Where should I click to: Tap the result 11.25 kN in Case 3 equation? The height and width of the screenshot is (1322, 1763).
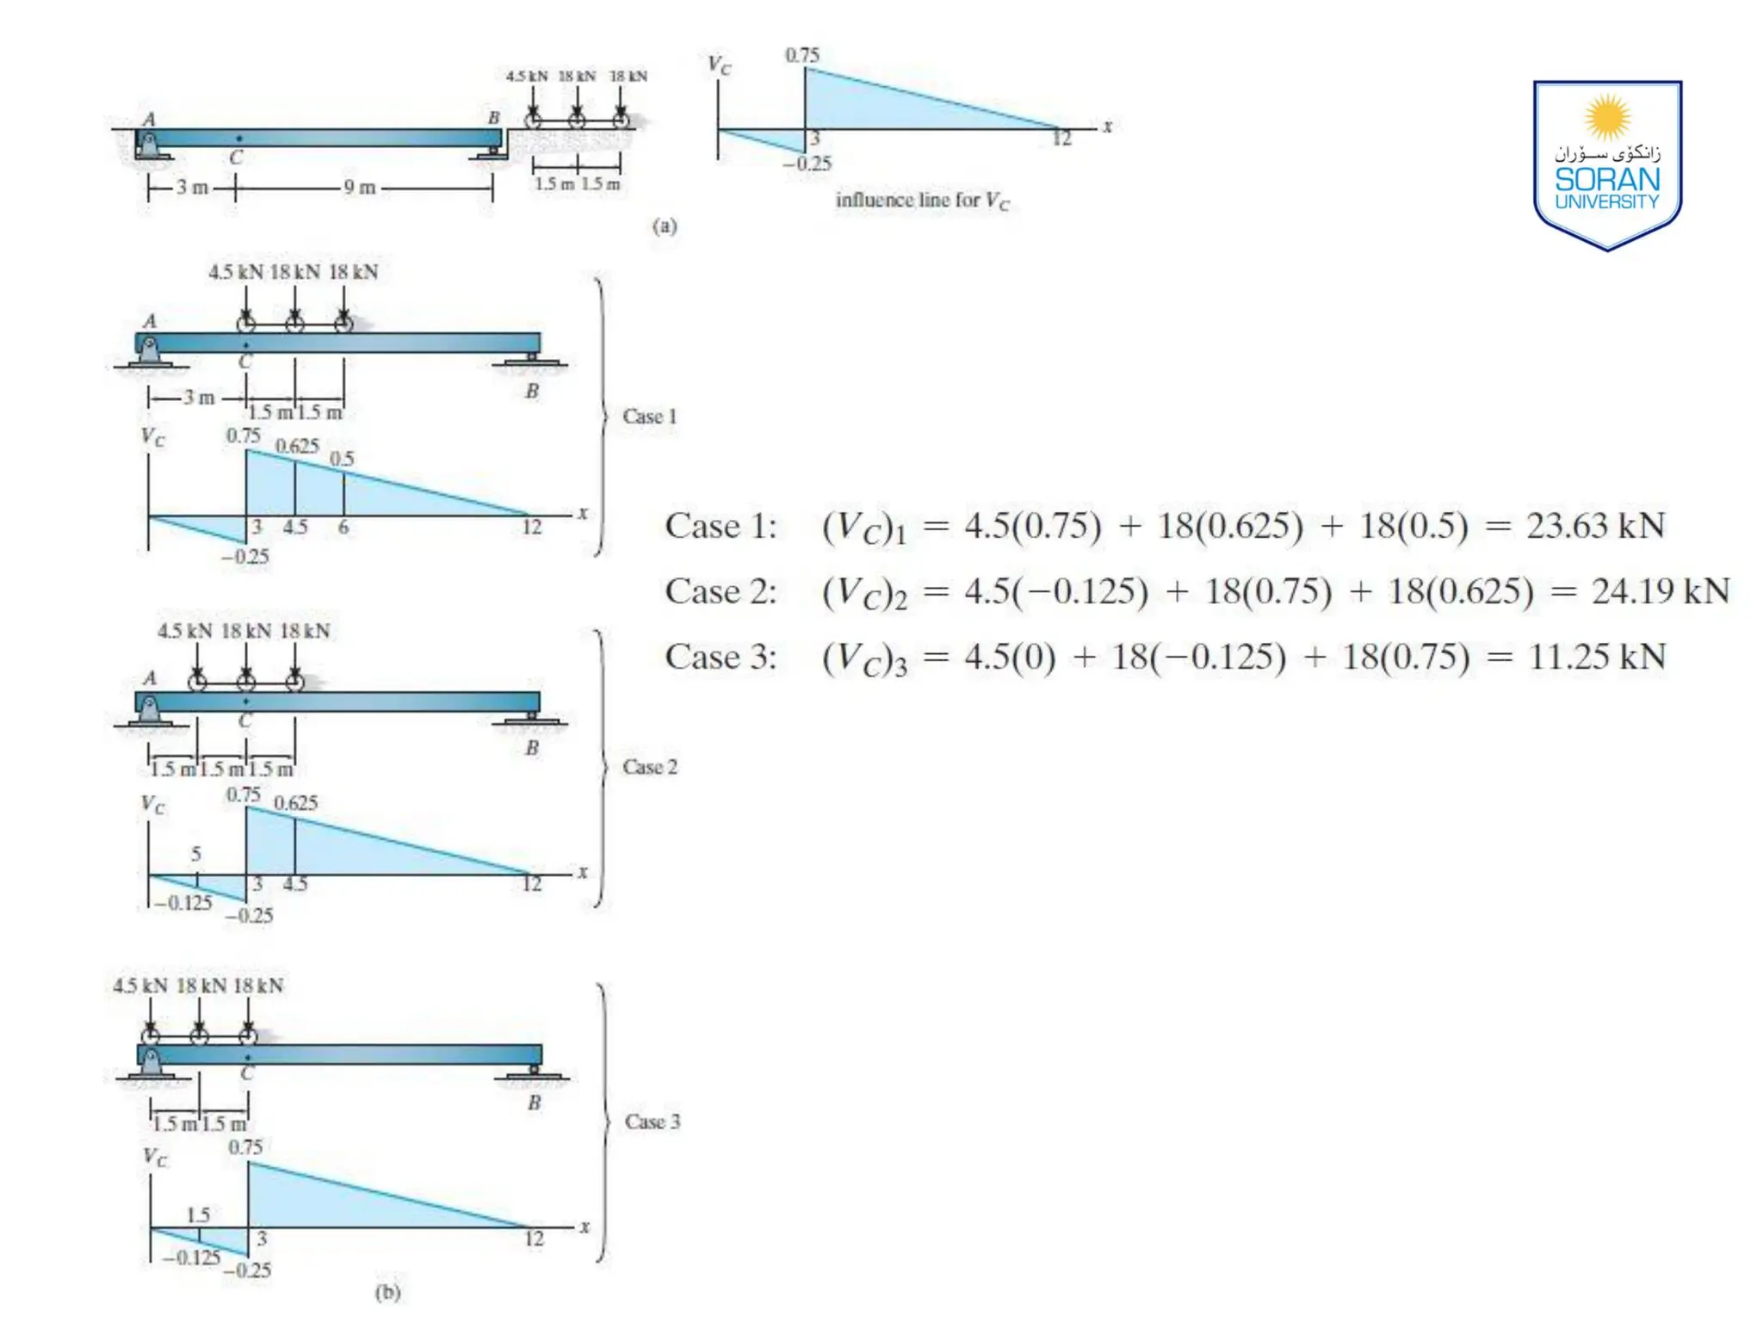click(1597, 658)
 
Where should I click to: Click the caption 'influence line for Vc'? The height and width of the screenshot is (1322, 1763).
click(922, 201)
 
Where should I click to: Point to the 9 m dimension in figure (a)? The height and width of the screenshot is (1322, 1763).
click(360, 188)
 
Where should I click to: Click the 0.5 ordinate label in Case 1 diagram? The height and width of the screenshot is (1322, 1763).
click(343, 459)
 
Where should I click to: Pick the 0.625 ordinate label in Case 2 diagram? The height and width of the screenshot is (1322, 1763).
click(296, 803)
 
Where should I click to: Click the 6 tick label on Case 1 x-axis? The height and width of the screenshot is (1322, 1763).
click(343, 528)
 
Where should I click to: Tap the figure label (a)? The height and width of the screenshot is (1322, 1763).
click(665, 226)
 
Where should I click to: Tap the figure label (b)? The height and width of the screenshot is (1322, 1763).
click(388, 1292)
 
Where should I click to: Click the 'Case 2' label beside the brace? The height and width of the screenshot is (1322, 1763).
click(650, 767)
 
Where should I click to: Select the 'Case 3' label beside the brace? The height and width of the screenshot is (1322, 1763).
click(653, 1121)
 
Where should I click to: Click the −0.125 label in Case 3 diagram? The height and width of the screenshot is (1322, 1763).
click(191, 1257)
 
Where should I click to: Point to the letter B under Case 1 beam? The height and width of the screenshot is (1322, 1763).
click(532, 392)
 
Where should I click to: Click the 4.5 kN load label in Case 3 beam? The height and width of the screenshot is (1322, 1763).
click(140, 986)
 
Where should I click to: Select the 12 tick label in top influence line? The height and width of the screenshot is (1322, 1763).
click(1062, 139)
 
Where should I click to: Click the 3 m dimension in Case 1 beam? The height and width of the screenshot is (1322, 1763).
click(198, 398)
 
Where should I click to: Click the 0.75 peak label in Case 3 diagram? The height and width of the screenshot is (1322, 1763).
click(245, 1147)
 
